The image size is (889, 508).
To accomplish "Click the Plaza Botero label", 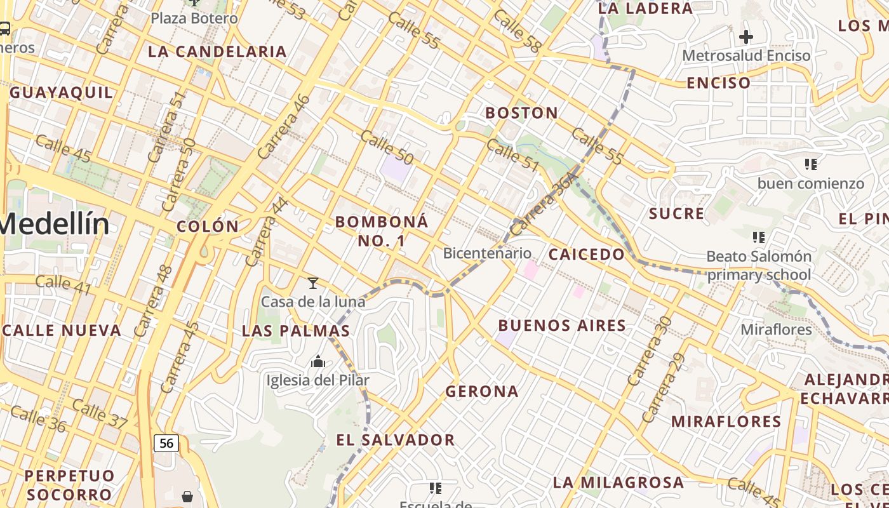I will tap(194, 18).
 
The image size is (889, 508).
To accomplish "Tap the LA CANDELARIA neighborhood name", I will tap(217, 52).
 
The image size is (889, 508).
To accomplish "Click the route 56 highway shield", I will tap(166, 443).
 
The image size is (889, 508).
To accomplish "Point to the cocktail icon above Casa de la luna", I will tap(312, 283).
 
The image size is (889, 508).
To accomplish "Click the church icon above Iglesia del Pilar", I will tap(318, 362).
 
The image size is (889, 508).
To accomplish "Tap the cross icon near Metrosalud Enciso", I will tap(746, 37).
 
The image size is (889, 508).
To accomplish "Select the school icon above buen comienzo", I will tap(810, 164).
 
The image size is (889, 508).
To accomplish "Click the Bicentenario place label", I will tap(487, 253).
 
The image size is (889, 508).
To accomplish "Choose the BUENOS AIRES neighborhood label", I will tap(562, 326).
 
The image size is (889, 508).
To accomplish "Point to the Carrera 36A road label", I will tap(544, 203).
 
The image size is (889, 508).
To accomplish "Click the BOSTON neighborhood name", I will tap(522, 114).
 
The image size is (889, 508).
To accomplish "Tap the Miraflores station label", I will tap(776, 330).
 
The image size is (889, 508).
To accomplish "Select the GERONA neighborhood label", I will tap(482, 392).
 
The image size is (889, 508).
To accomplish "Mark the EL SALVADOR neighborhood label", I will tap(396, 440).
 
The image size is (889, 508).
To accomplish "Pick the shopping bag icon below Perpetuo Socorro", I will tap(187, 496).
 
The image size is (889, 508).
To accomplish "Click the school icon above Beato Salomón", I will tap(758, 237).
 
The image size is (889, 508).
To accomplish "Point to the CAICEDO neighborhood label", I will tap(587, 255).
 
